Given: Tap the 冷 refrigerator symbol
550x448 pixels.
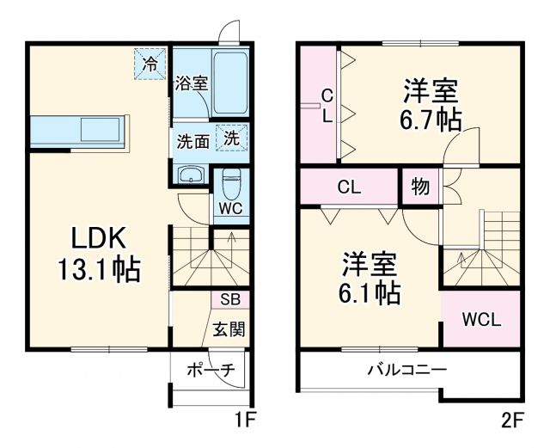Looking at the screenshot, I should pos(150,63).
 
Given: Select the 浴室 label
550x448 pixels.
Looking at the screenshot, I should pos(192,83).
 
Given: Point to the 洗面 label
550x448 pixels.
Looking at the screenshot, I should pos(193,141).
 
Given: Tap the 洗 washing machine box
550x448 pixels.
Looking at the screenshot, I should pos(233,137).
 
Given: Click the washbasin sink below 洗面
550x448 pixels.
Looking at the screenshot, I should pos(191,176).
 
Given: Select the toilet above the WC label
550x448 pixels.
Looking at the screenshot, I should pos(231,182).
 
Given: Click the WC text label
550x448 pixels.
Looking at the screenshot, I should pos(229,209).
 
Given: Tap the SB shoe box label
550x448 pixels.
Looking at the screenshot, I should pos(230,299).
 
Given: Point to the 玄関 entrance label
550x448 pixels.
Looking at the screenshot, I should pos(229,328).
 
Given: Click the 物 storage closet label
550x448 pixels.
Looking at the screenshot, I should pos(420,186).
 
